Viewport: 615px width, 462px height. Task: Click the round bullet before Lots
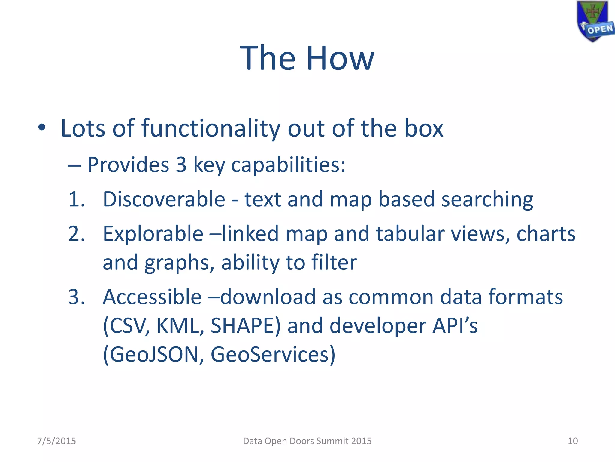42,128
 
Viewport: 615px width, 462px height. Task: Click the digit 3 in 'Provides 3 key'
181,165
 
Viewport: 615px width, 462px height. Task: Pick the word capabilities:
288,165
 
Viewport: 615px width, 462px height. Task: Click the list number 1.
76,199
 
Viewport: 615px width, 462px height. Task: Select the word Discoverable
164,199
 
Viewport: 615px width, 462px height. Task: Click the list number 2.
76,234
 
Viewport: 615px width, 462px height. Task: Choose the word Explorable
153,234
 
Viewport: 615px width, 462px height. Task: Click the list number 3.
76,297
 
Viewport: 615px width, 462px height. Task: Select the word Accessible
152,297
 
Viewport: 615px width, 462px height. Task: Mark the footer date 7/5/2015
56,441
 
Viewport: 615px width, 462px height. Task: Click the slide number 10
573,441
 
